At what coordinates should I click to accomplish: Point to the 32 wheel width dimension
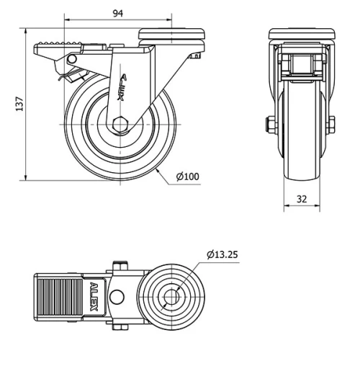click(301, 198)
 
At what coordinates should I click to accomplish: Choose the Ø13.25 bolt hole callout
click(222, 254)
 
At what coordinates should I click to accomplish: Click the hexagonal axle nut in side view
click(120, 124)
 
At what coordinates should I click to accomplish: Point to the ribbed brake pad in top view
click(59, 295)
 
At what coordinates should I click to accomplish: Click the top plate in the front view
click(301, 34)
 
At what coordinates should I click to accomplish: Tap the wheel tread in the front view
click(301, 144)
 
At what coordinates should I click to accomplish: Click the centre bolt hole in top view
click(172, 296)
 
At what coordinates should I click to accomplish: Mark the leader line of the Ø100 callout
click(163, 177)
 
